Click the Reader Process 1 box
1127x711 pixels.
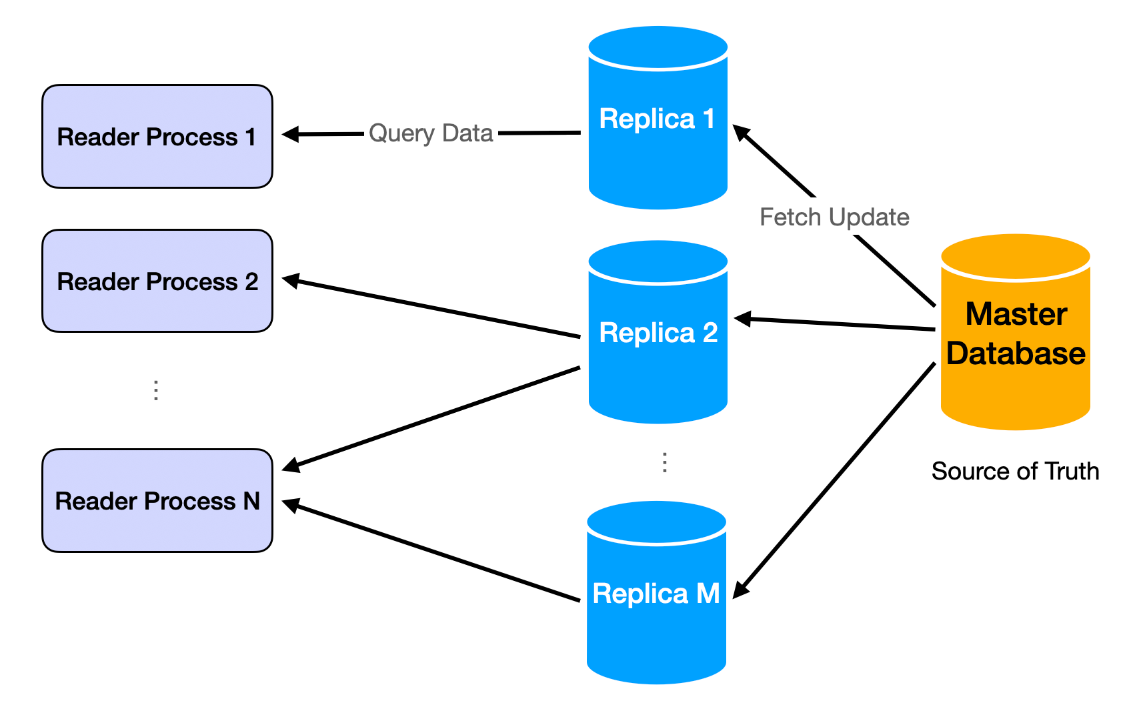(x=157, y=136)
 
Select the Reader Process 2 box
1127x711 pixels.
(x=157, y=281)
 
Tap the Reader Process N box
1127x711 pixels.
(x=157, y=500)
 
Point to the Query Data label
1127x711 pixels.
(x=431, y=133)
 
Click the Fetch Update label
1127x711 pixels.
(x=834, y=217)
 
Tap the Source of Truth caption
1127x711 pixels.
(x=1015, y=471)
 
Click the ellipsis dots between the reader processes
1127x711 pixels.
(x=155, y=390)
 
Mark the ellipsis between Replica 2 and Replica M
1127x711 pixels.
(x=664, y=462)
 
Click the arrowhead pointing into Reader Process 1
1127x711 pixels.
(x=289, y=135)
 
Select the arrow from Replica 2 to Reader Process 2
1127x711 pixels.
(x=433, y=307)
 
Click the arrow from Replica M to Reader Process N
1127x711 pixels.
(x=433, y=552)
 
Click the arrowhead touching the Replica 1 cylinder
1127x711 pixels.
(x=741, y=131)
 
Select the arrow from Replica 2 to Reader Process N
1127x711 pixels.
(x=433, y=418)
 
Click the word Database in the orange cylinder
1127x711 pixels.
(x=1015, y=353)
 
